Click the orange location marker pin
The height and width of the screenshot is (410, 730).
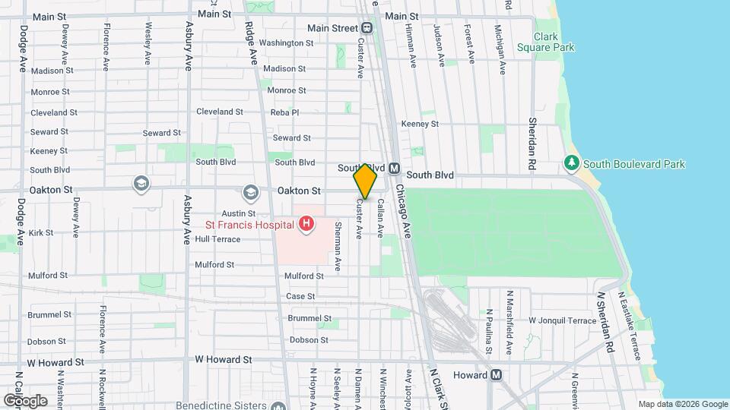coord(365,181)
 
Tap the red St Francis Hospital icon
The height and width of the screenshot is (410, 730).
coord(306,224)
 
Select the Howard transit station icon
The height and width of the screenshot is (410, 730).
coord(496,374)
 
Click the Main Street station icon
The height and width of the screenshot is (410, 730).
coord(367,28)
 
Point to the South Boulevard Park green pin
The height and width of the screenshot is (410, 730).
coord(571,163)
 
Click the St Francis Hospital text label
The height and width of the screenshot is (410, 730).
coord(249,225)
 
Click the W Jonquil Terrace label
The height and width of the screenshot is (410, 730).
coord(563,321)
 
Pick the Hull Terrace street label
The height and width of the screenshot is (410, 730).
coord(217,239)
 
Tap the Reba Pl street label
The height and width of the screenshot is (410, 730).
coord(285,112)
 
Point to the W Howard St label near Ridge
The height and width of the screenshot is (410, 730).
coord(223,359)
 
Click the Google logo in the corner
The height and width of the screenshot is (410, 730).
coord(24,400)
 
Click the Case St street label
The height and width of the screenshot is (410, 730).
coord(300,296)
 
